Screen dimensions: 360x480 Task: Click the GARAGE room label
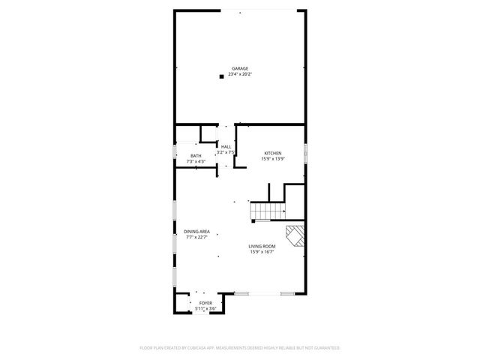tap(240, 68)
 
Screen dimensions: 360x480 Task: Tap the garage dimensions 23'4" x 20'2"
tap(240, 73)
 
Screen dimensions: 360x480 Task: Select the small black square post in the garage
tap(221, 76)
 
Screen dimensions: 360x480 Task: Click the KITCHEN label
tap(271, 153)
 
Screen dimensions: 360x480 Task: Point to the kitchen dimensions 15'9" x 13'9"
tap(271, 158)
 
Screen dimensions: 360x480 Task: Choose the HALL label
tap(226, 147)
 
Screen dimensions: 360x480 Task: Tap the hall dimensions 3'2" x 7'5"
tap(226, 152)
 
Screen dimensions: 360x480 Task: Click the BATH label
tap(196, 155)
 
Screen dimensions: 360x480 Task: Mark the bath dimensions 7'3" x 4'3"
tap(196, 160)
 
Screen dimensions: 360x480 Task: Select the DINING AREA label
tap(196, 232)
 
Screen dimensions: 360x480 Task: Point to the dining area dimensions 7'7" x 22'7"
tap(196, 237)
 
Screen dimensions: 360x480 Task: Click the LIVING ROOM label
tap(262, 246)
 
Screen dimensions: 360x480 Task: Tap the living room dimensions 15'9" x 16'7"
tap(262, 251)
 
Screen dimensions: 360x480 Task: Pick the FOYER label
tap(205, 303)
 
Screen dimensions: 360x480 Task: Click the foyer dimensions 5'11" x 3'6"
tap(205, 308)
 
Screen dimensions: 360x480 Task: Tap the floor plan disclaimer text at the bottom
tap(240, 348)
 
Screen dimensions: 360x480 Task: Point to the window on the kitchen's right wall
tap(306, 152)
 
